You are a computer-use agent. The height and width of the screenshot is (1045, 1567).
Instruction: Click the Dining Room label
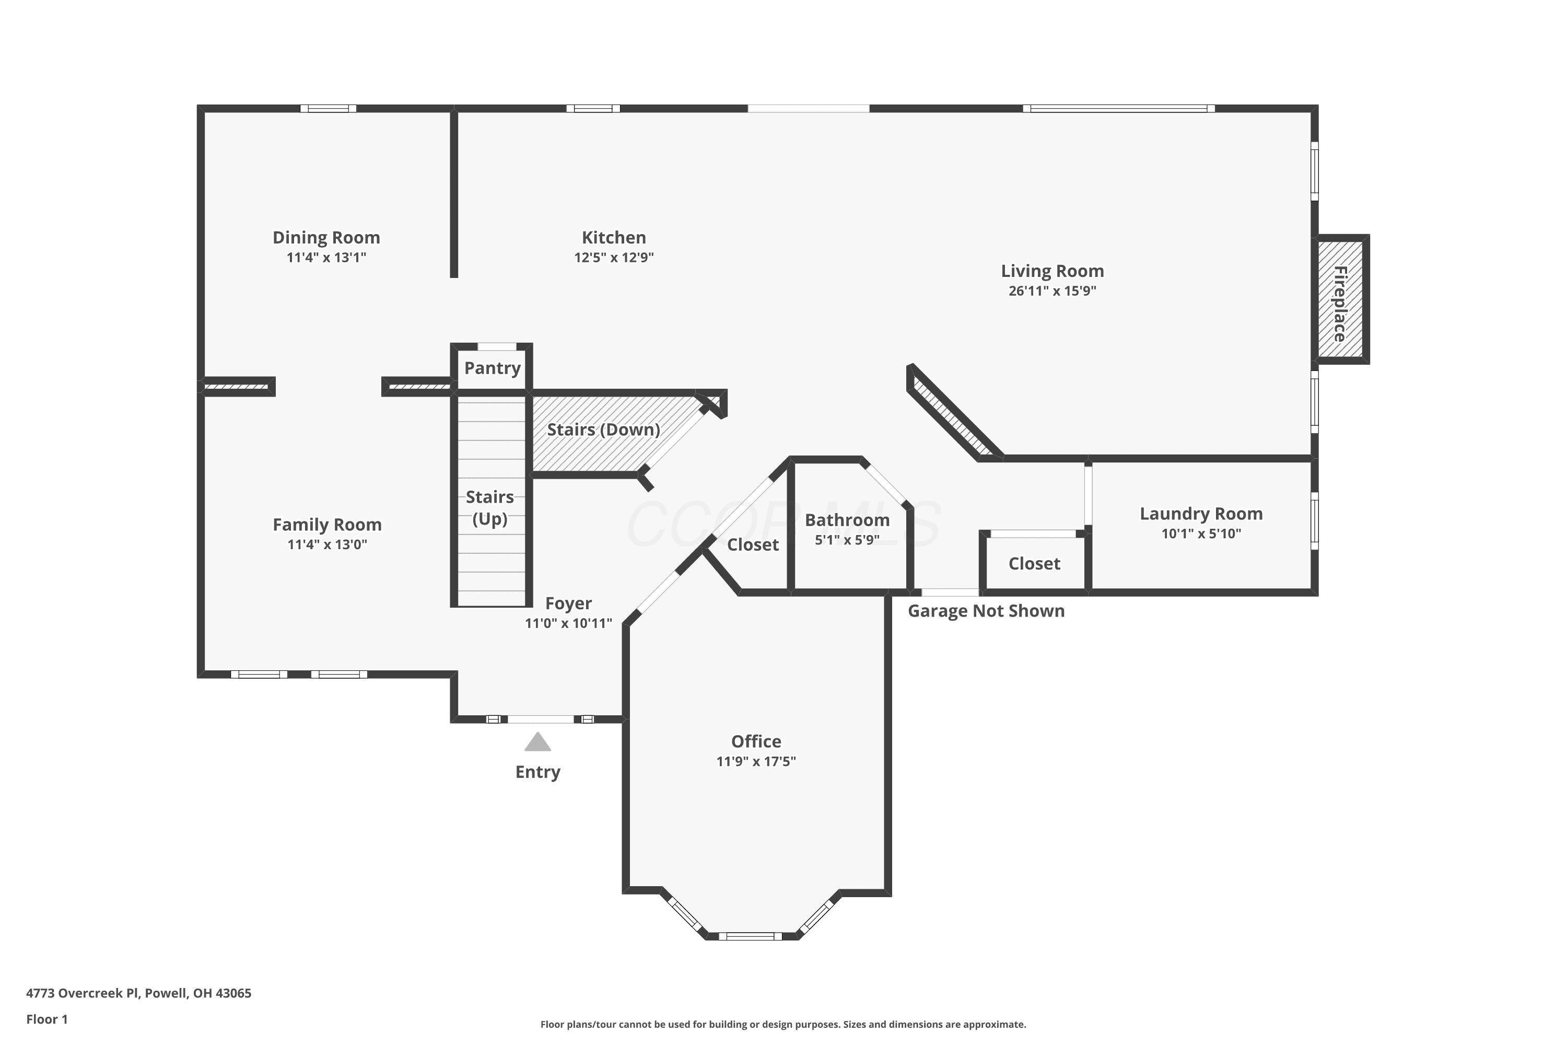click(326, 237)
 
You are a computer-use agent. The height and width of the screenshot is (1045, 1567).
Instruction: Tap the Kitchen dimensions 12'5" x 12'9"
click(614, 257)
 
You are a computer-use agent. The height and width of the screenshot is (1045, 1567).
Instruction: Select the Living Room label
click(1053, 271)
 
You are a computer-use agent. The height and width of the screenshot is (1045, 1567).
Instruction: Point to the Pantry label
click(493, 368)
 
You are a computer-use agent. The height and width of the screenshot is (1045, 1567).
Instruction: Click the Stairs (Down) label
click(604, 430)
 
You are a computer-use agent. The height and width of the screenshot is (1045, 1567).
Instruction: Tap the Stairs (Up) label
click(490, 508)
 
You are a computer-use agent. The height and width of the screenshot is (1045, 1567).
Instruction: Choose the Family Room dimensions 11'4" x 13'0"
click(327, 544)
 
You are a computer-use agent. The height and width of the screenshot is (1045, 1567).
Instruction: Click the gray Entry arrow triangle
click(537, 742)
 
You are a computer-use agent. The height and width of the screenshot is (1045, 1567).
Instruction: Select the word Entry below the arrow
click(537, 772)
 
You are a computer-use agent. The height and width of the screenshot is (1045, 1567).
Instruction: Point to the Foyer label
click(568, 603)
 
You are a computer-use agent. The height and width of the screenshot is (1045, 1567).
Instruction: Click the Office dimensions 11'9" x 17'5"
click(756, 761)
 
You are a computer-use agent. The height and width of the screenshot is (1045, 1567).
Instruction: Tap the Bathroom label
click(847, 520)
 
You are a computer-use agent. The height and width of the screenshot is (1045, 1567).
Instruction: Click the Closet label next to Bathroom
click(753, 544)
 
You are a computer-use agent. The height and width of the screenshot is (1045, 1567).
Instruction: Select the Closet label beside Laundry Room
click(1035, 564)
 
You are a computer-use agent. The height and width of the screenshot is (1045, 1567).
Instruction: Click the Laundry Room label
click(1201, 514)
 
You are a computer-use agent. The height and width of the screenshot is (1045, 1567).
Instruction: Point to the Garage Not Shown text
click(986, 611)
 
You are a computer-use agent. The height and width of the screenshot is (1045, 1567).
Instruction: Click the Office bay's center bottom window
click(750, 936)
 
